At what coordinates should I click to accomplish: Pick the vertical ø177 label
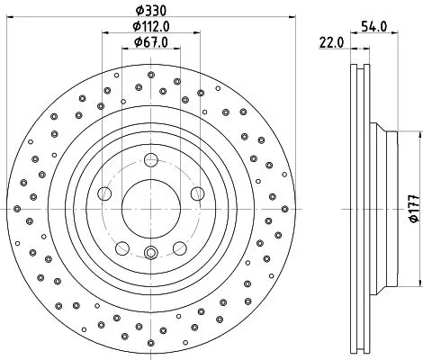413,211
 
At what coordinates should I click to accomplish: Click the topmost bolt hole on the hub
151,163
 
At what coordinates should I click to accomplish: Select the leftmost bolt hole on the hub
105,194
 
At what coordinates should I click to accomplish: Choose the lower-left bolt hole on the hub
122,247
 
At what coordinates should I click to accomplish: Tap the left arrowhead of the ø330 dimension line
6,20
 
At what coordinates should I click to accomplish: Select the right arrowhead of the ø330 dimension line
296,20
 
